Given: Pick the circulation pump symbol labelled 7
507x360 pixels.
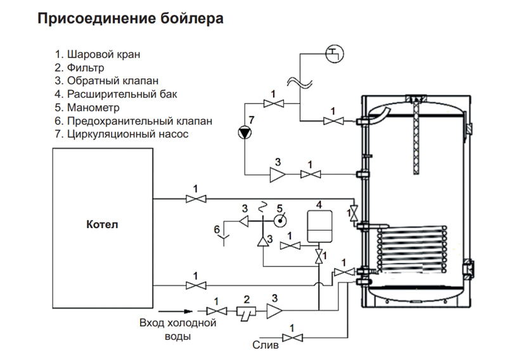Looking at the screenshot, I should click(244, 133).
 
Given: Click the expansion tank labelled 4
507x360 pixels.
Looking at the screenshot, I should click(319, 226).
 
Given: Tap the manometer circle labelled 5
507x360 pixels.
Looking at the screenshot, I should click(279, 221).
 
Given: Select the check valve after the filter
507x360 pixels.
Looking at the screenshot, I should click(274, 311).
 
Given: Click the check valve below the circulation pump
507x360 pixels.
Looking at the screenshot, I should click(278, 174).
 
